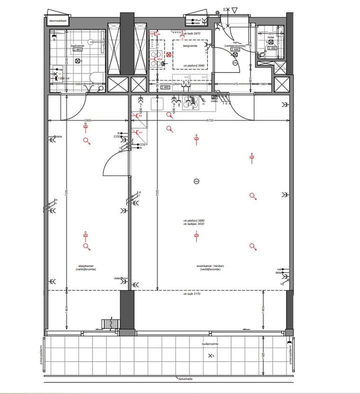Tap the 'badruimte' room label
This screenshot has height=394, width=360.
[77, 45]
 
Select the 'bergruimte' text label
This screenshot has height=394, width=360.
[190, 45]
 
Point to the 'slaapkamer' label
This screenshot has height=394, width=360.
[86, 267]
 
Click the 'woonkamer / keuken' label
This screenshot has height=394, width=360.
[210, 267]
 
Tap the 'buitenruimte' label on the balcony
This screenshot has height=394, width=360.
[210, 345]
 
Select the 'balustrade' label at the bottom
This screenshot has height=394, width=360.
[186, 379]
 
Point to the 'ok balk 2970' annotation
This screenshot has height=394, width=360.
[192, 33]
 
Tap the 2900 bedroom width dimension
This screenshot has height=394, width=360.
[87, 121]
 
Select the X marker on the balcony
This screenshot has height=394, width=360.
[210, 356]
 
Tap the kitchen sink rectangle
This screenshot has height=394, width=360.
[158, 104]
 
